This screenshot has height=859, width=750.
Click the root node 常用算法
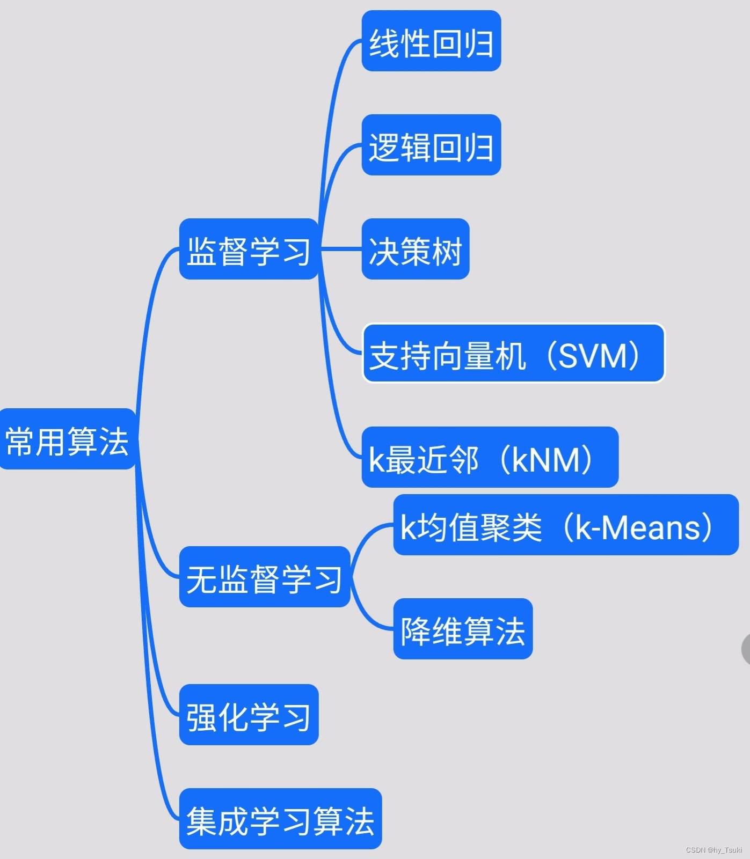pos(67,439)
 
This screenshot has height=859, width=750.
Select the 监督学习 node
pos(249,249)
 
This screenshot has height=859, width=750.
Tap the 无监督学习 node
pos(264,577)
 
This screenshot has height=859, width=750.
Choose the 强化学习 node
pos(249,715)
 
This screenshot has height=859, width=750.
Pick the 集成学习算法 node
pos(280,819)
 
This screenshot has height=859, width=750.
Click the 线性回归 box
pos(431,41)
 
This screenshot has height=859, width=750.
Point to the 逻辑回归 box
pos(431,145)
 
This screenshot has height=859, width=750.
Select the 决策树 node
pos(416,249)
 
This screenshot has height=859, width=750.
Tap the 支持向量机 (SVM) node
pos(513,353)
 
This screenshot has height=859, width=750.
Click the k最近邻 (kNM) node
pos(490,457)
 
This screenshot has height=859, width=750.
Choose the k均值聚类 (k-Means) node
pos(566,525)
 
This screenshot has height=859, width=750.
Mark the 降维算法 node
pos(463,629)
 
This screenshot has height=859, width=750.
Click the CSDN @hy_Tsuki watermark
pos(713,850)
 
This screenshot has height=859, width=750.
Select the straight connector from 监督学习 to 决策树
pos(340,248)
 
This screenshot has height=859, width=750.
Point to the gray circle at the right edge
pos(746,649)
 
